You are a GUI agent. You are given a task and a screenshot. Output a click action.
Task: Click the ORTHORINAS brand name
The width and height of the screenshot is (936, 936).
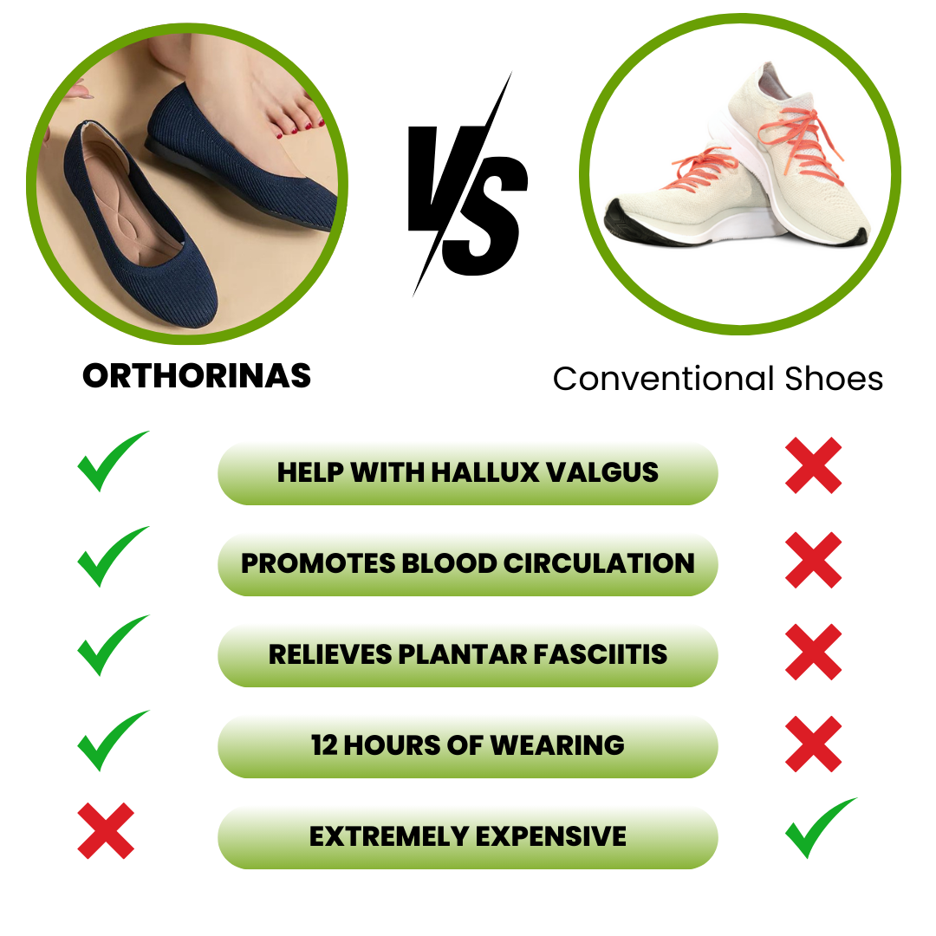tap(197, 375)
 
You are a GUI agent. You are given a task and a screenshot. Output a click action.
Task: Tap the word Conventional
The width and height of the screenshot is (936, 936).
tap(664, 379)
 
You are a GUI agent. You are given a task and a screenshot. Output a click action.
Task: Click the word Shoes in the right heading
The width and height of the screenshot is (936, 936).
tap(834, 379)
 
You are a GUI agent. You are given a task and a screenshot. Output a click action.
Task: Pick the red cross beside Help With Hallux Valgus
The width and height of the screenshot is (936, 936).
tap(813, 465)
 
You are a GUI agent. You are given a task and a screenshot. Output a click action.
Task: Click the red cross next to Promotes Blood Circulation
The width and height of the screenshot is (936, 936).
tap(813, 560)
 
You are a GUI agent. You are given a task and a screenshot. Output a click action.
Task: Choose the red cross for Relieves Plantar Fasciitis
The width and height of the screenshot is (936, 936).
tap(813, 652)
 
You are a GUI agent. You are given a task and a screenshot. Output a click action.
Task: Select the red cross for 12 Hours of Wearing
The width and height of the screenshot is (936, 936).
tap(813, 744)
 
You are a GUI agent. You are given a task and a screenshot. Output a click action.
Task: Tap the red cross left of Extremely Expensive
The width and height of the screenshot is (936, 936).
tap(106, 830)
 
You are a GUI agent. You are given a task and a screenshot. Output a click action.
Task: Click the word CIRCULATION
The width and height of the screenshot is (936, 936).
tap(599, 563)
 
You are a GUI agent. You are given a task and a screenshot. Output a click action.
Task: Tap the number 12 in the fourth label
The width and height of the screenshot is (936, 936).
tap(324, 745)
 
